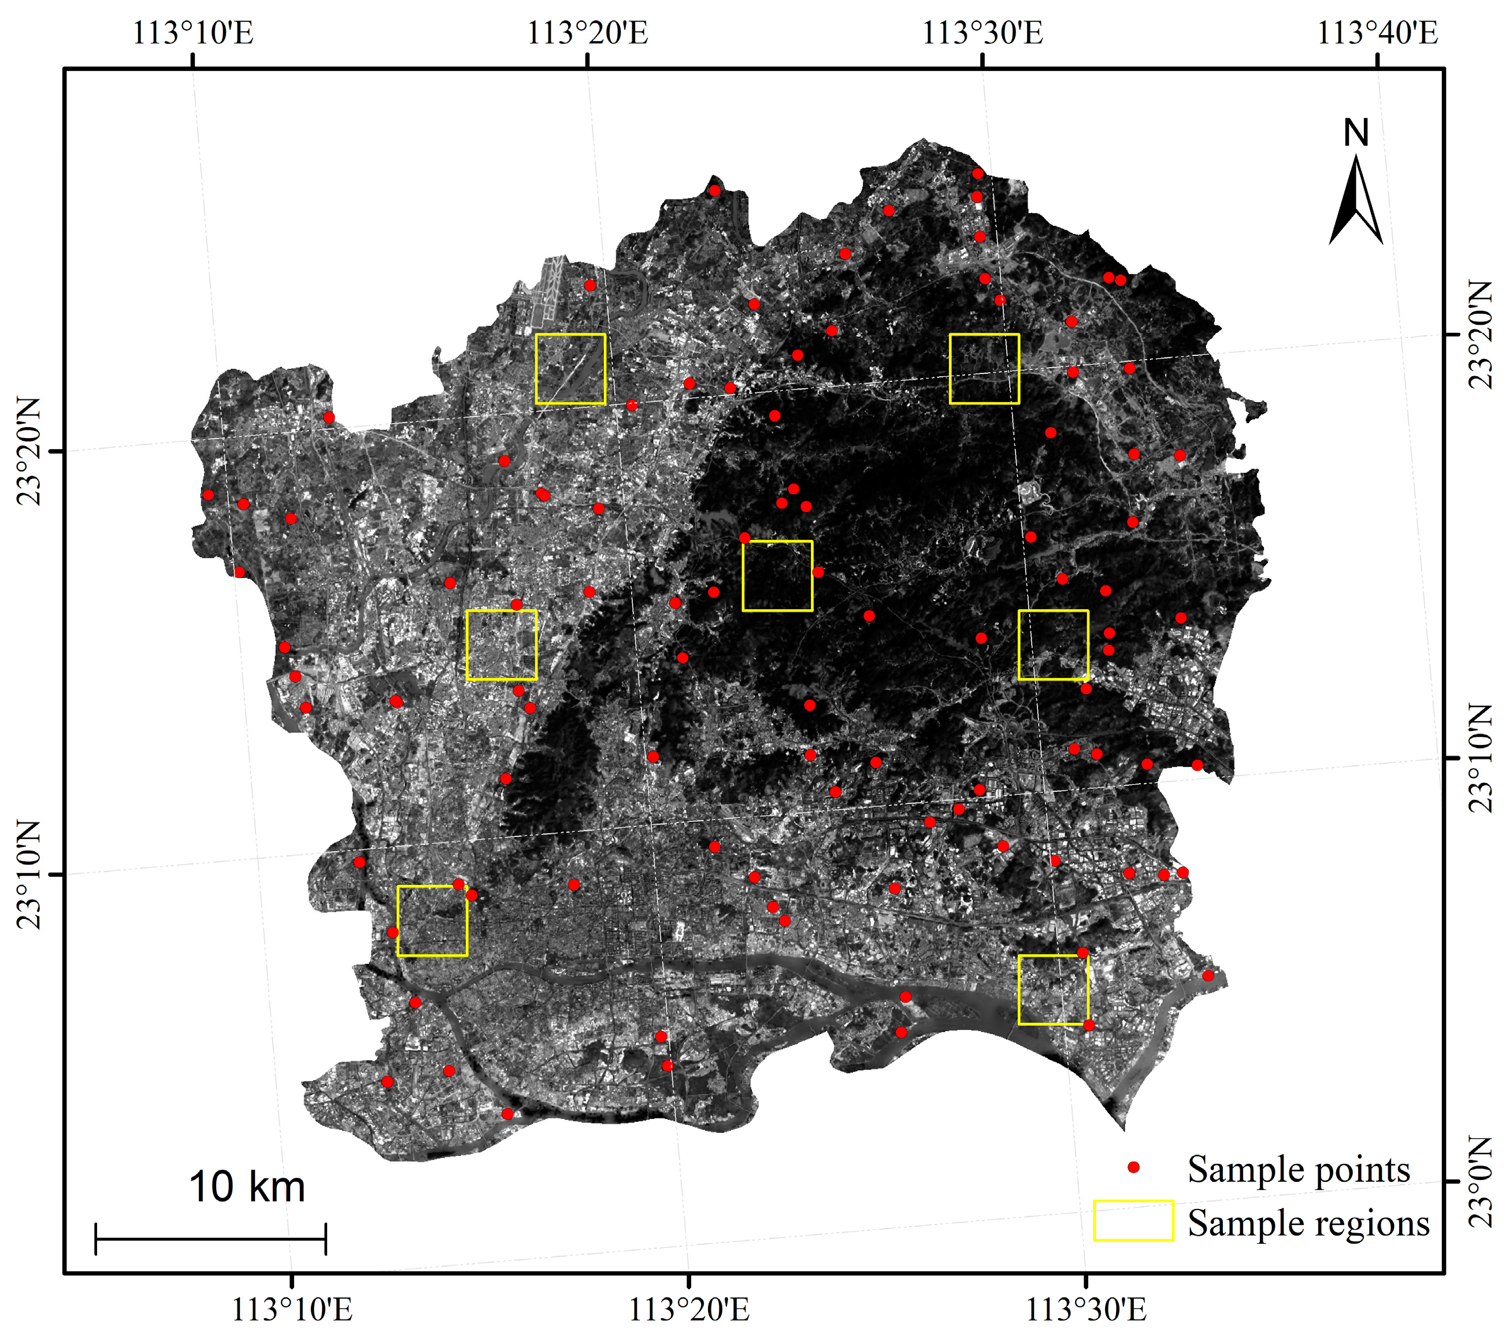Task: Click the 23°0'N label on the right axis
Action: click(x=1480, y=1182)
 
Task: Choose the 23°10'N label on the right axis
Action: click(x=1480, y=758)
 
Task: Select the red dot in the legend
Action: click(x=1134, y=1167)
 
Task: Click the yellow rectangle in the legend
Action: click(x=1133, y=1221)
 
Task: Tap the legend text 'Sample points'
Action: click(x=1299, y=1169)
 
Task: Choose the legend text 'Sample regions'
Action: click(x=1308, y=1222)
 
